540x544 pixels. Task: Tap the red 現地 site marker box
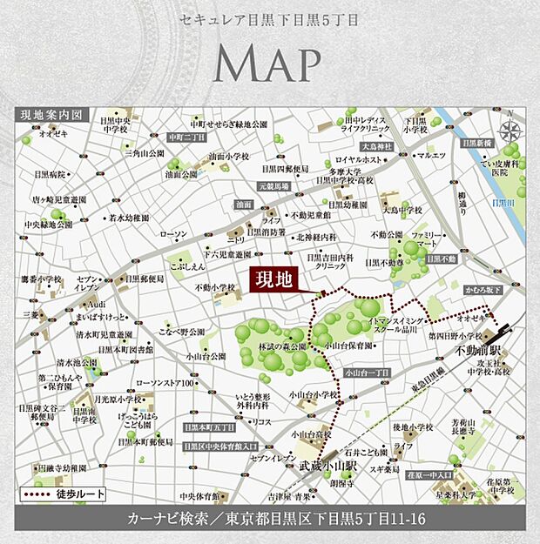coord(273,279)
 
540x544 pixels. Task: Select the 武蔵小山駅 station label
coord(324,467)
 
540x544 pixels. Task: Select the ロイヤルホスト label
coord(359,160)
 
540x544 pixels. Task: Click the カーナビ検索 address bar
coord(271,519)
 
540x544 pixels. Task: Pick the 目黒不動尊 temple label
coord(383,262)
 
